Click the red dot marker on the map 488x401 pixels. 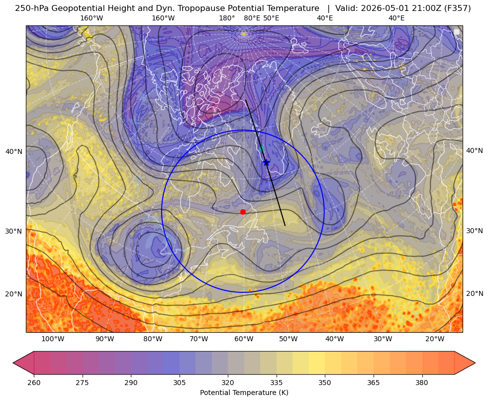(x=243, y=212)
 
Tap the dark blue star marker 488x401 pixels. (x=266, y=162)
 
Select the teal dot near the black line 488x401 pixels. (x=262, y=148)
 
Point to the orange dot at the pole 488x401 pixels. (x=244, y=34)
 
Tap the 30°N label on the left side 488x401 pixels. (x=14, y=231)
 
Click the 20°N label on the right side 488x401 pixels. (x=475, y=293)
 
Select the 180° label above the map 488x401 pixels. (x=227, y=18)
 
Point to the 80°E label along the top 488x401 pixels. (x=252, y=18)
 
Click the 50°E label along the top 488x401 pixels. (x=272, y=18)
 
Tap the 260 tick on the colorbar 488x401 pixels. (x=34, y=383)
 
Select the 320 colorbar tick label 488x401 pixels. (x=228, y=383)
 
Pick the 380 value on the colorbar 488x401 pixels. (x=422, y=383)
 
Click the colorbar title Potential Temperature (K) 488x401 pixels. (x=244, y=393)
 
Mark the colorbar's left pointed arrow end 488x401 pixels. (x=13, y=363)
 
